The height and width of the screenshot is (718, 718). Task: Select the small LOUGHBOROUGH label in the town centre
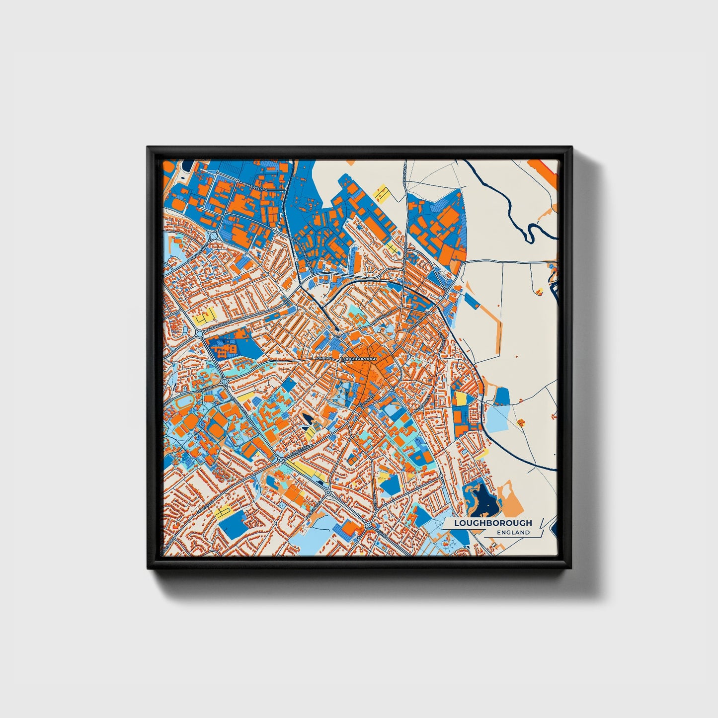coord(359,358)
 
